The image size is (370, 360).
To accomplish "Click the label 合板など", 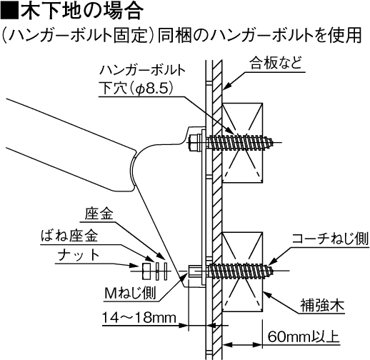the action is pyautogui.click(x=276, y=63).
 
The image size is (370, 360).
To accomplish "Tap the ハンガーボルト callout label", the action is pyautogui.click(x=142, y=71).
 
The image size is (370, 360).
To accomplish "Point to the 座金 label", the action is pyautogui.click(x=99, y=214).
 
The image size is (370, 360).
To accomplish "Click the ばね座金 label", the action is pyautogui.click(x=69, y=236).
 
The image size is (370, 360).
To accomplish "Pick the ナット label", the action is pyautogui.click(x=79, y=255).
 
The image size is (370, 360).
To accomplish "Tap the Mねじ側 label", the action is pyautogui.click(x=130, y=293).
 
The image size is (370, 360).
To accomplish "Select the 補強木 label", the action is pyautogui.click(x=322, y=306).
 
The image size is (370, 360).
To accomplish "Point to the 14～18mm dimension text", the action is pyautogui.click(x=139, y=318).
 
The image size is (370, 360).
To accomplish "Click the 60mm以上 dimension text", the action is pyautogui.click(x=303, y=336).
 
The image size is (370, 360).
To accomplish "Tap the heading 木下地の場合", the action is pyautogui.click(x=83, y=11).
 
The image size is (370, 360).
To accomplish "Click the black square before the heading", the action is pyautogui.click(x=9, y=11).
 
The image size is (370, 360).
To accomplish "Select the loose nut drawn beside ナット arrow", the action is pyautogui.click(x=146, y=271).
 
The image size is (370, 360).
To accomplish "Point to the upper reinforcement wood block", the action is pyautogui.click(x=242, y=143).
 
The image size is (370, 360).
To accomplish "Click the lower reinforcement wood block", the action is pyautogui.click(x=242, y=271).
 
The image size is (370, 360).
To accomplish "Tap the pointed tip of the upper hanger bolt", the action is pyautogui.click(x=273, y=143).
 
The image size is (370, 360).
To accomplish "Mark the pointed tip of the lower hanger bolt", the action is pyautogui.click(x=273, y=271).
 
